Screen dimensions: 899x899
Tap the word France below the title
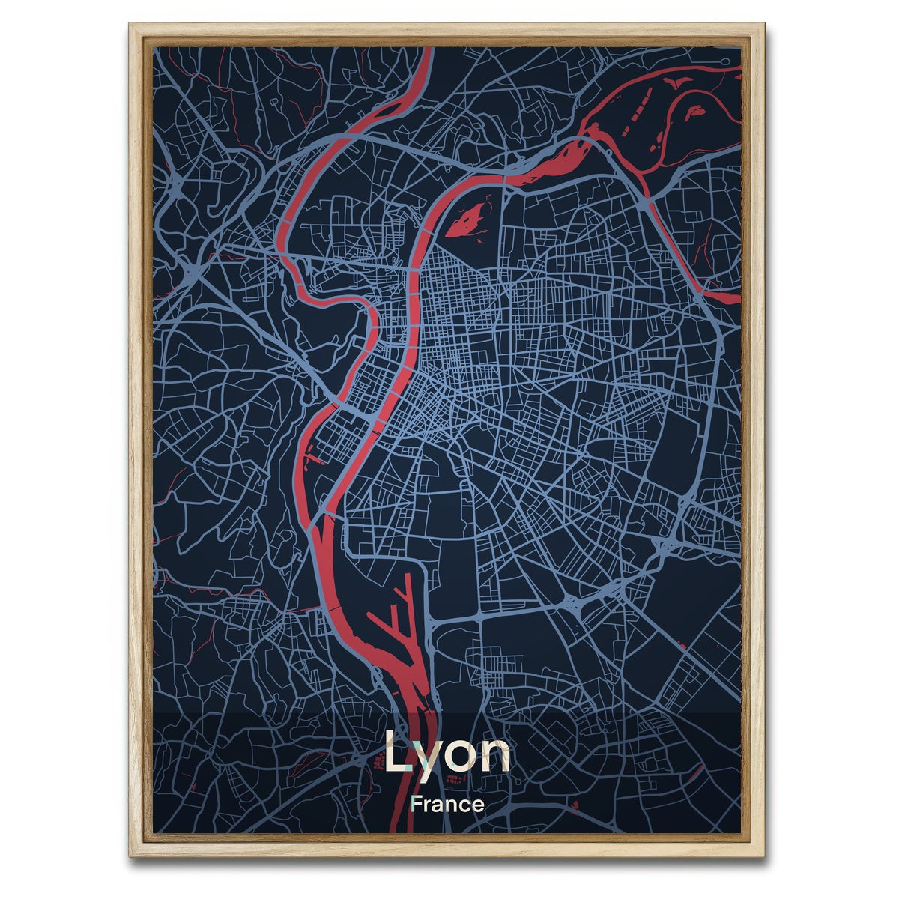[447, 805]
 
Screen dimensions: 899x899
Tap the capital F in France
[417, 805]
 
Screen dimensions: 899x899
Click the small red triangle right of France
[575, 805]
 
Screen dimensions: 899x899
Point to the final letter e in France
[478, 806]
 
